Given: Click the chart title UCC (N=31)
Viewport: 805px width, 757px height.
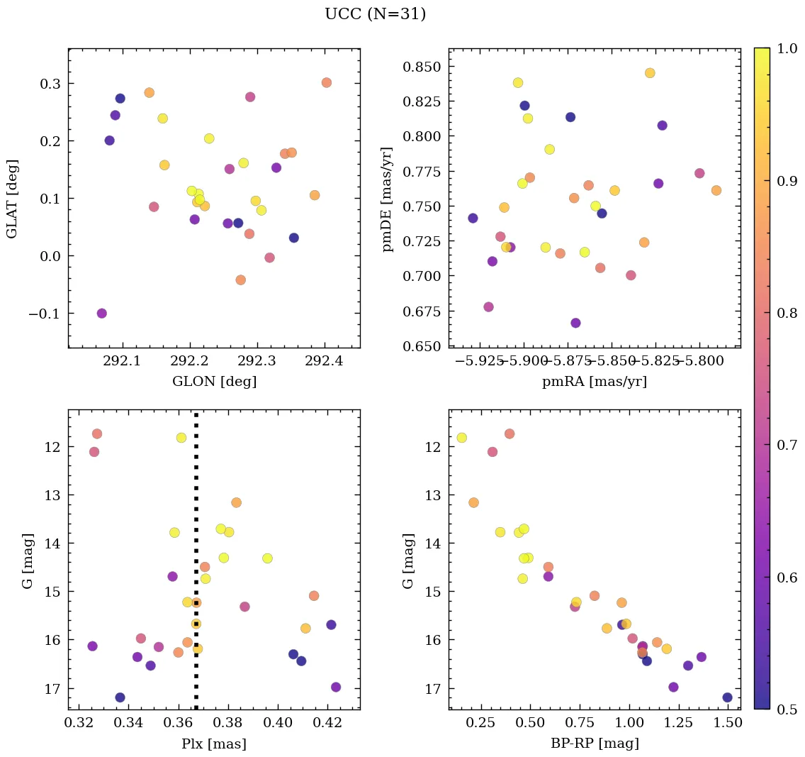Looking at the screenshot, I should point(375,14).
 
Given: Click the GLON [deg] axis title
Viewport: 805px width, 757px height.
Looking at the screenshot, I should point(214,382).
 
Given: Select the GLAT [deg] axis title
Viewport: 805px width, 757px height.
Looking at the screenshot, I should point(12,199).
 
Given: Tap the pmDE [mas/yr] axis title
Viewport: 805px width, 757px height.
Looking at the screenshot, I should point(388,199).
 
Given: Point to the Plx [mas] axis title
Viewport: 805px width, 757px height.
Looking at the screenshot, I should point(214,744).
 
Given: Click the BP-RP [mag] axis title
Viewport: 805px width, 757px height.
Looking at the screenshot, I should point(595,744).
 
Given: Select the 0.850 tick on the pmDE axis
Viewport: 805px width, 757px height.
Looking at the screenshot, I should point(422,67).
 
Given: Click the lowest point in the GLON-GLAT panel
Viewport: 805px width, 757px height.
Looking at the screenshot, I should point(102,314).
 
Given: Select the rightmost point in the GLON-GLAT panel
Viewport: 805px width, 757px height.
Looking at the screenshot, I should point(327,83).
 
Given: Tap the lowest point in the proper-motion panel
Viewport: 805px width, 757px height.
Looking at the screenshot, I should point(575,323).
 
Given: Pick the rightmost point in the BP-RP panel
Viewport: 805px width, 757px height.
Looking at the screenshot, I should point(727,697).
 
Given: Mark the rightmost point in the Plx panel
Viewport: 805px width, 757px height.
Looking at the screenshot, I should point(336,687).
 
